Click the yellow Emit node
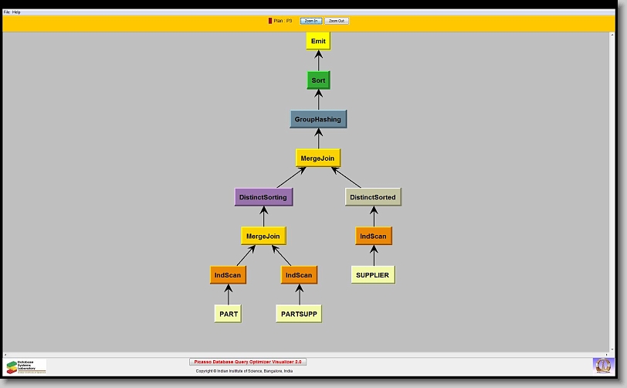(318, 41)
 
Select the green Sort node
(318, 80)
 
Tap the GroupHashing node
(318, 120)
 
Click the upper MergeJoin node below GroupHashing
(318, 158)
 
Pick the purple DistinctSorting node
(263, 197)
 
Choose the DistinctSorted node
(372, 197)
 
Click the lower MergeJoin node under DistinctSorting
(263, 236)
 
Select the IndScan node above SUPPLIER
(374, 236)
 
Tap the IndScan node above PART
(228, 275)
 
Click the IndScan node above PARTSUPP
(299, 275)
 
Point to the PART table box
(228, 314)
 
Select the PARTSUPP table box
(299, 314)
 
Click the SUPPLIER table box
(373, 275)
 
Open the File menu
(7, 12)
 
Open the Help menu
(17, 12)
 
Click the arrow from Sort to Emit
(318, 60)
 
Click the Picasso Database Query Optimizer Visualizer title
(248, 362)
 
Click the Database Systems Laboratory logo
(25, 366)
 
